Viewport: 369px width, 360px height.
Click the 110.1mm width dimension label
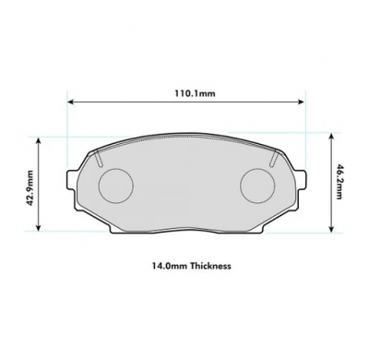pos(196,93)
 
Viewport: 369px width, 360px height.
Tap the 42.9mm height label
pos(30,188)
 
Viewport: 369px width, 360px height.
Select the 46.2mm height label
pos(339,183)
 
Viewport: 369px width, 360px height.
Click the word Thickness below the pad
pos(210,266)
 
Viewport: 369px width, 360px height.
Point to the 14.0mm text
pos(170,266)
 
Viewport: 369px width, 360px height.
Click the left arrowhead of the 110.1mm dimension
pos(70,102)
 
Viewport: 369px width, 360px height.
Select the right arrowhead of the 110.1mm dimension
pos(301,102)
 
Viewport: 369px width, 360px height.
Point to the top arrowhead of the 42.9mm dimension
pos(38,140)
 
